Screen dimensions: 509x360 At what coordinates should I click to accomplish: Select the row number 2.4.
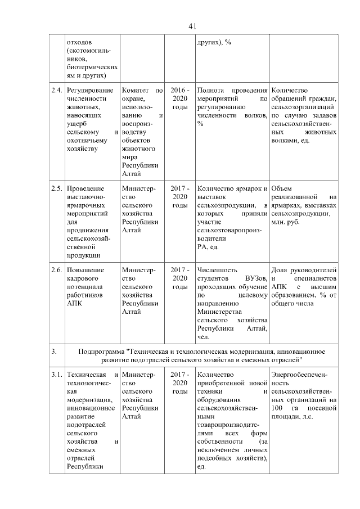56,91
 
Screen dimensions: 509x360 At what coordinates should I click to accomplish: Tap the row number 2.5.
56,188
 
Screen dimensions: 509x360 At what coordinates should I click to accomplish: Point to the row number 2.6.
56,269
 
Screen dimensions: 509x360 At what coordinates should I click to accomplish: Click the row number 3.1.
56,375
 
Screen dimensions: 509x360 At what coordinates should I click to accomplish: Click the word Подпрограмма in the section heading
102,351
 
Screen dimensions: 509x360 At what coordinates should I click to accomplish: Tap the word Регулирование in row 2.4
90,91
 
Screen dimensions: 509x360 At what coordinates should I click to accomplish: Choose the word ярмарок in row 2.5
249,188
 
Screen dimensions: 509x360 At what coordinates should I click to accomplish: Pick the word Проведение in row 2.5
84,188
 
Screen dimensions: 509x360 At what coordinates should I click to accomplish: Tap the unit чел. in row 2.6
203,337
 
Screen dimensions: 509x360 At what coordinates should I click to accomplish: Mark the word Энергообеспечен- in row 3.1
299,375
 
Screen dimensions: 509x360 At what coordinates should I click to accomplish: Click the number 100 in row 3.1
276,408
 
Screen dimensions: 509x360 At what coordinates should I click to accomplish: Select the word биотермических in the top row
92,66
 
